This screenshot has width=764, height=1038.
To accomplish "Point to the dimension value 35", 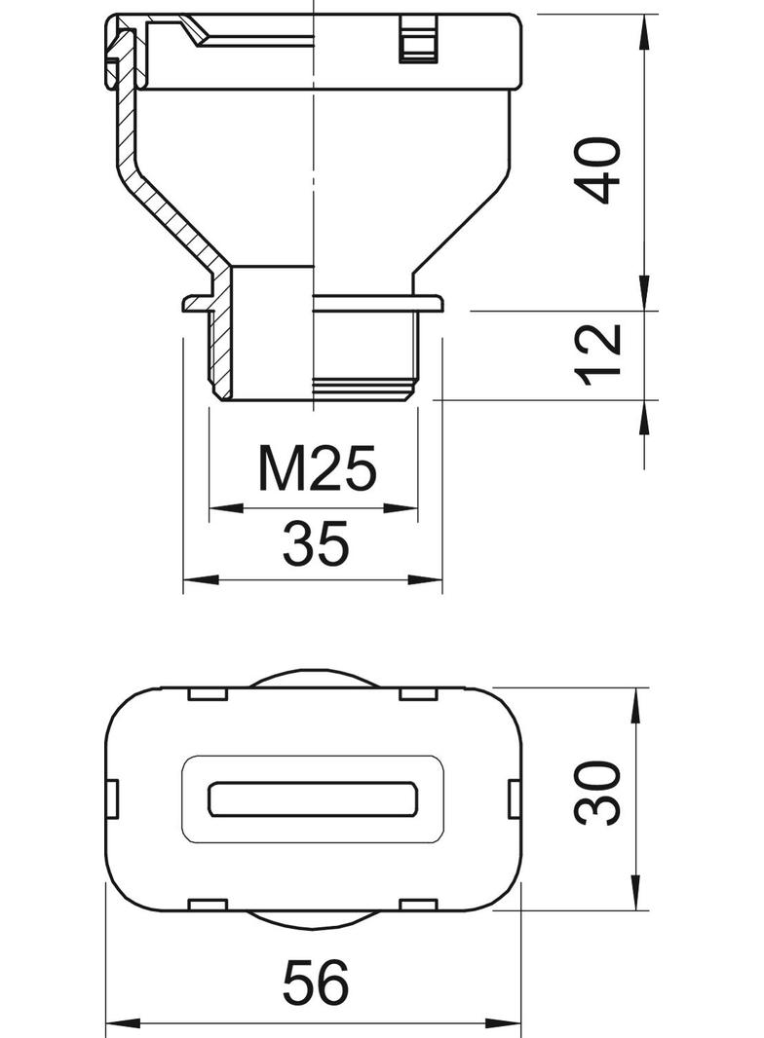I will pos(315,544).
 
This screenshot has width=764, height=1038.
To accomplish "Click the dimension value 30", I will pos(597,794).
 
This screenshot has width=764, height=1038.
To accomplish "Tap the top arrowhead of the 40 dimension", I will pos(644,35).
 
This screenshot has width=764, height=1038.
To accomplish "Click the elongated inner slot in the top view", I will pos(315,799).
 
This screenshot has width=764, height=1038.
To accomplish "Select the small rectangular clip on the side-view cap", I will pos(417,43).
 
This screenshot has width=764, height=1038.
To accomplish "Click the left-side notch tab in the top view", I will pos(112,799).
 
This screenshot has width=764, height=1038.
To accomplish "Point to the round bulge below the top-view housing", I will pos(315,920).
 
